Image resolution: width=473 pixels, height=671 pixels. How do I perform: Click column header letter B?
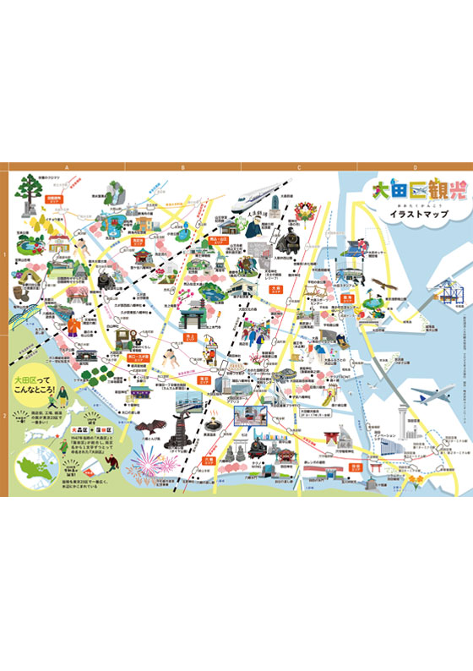tap(182, 167)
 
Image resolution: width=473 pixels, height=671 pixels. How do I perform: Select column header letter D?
tap(415, 167)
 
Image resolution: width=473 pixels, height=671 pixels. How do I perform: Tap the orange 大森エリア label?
tap(275, 290)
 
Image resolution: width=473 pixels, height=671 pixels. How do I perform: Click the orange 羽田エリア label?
tap(347, 298)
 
